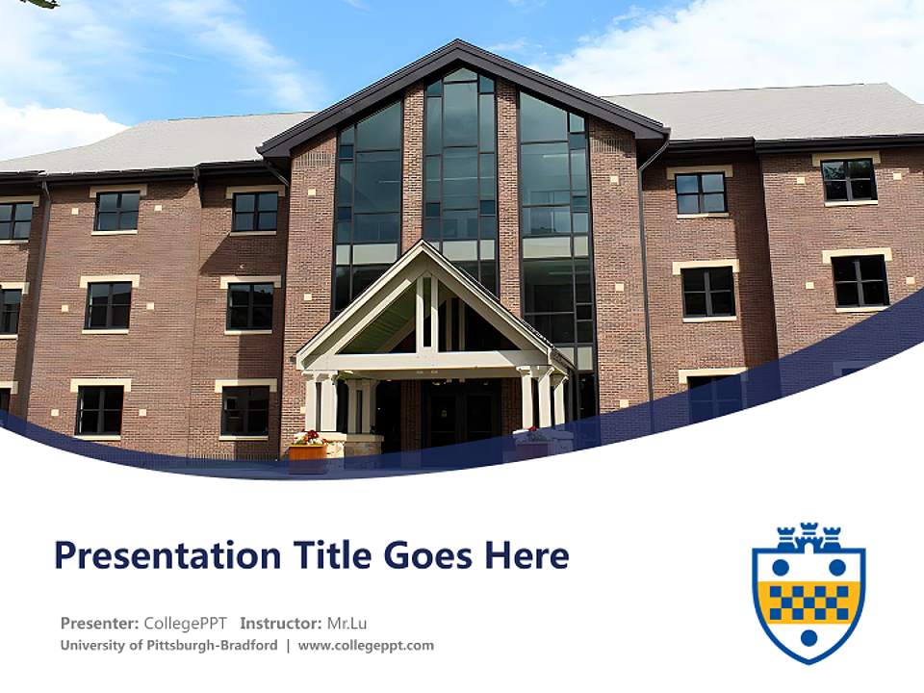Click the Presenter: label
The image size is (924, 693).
[99, 623]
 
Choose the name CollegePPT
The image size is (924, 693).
[185, 623]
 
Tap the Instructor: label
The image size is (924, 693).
[280, 623]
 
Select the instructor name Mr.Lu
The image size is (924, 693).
[347, 623]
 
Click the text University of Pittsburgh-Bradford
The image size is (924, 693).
[168, 646]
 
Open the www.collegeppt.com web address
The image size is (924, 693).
[366, 646]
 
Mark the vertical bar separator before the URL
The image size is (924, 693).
[288, 646]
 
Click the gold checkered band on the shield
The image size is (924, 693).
[808, 602]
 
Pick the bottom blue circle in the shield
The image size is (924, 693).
[808, 638]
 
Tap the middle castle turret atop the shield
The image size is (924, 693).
[808, 533]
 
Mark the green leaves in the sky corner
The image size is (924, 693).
[38, 4]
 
